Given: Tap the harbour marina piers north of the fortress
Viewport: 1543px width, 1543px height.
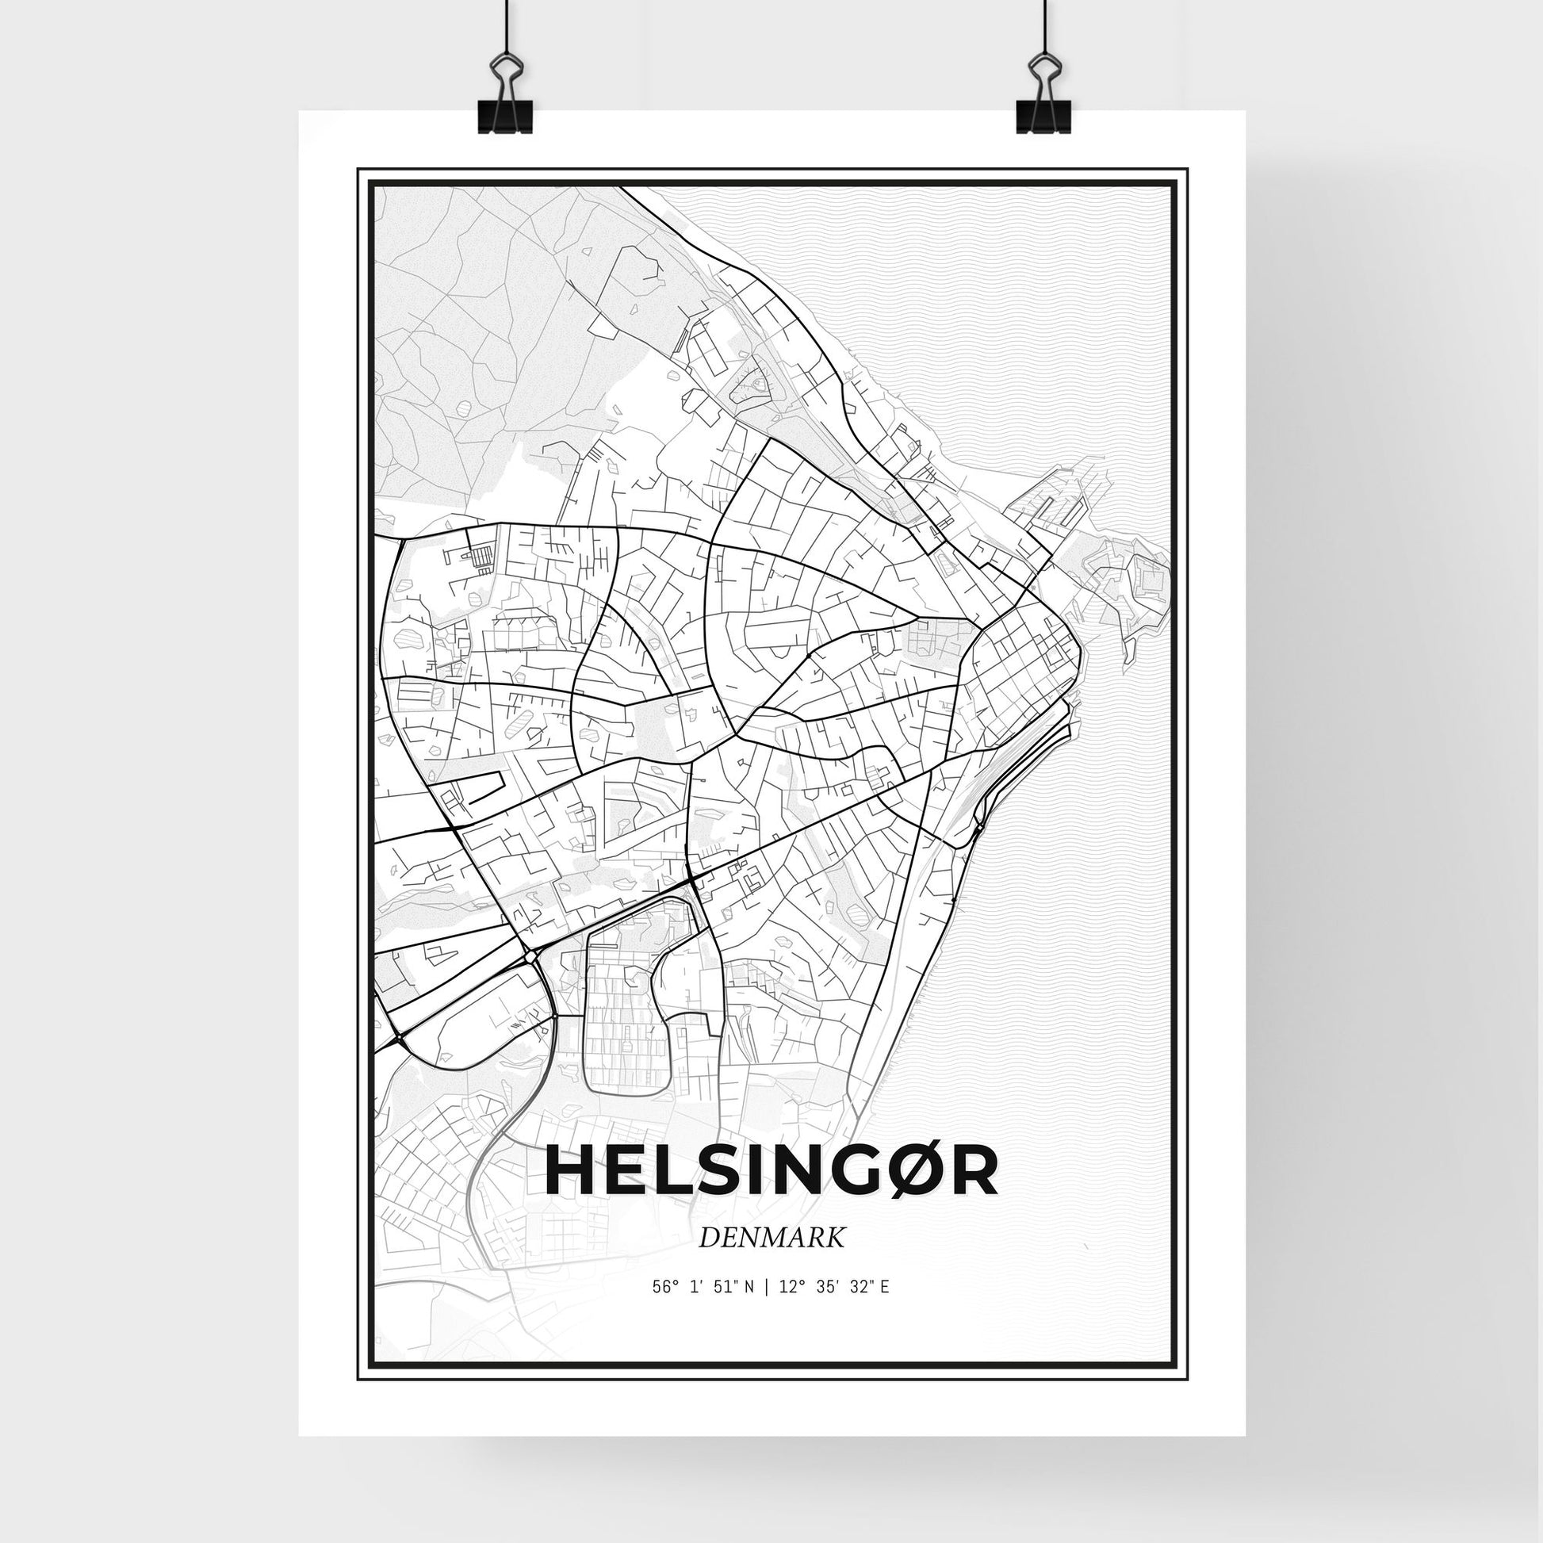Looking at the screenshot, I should click(1059, 499).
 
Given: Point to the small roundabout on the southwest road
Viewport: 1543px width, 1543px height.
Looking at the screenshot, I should click(530, 956).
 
